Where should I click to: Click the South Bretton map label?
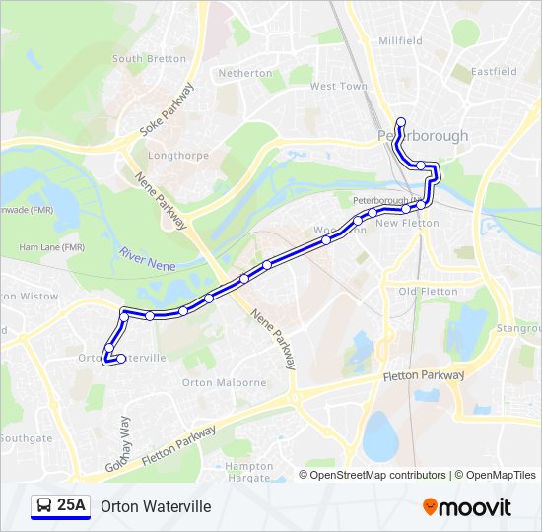point(149,59)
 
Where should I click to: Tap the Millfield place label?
point(400,41)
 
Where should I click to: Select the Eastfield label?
point(494,72)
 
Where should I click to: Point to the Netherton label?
point(245,74)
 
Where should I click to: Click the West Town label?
point(339,87)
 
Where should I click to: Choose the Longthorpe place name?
point(172,156)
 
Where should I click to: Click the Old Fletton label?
point(428,292)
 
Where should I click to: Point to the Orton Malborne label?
point(224,382)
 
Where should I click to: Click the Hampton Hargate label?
point(249,472)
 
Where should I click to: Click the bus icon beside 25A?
point(43,506)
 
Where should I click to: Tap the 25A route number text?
point(72,506)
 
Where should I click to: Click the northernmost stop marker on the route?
point(401,122)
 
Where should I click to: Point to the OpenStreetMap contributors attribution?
point(377,475)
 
